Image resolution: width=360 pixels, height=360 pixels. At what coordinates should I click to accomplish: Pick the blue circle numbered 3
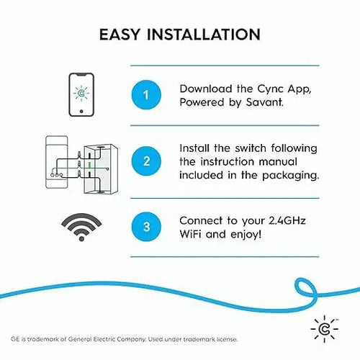(x=146, y=226)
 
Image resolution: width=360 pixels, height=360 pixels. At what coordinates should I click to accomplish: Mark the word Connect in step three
(x=202, y=219)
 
